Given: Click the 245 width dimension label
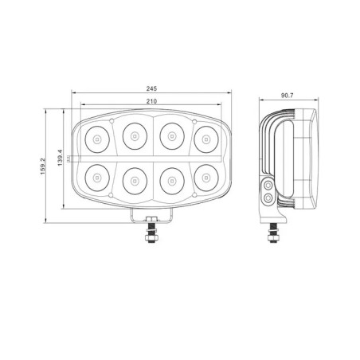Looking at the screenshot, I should click(151, 88).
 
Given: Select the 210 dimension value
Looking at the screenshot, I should click(151, 101).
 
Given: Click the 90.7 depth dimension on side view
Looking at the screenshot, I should click(287, 96).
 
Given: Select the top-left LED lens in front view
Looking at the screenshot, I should click(96, 139).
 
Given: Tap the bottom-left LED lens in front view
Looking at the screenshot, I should click(96, 177).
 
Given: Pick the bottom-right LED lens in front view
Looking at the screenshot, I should click(205, 178).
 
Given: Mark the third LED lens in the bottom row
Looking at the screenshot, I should click(170, 178).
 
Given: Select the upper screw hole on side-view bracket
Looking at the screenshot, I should click(268, 186).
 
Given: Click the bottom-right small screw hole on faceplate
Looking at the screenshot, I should click(195, 194).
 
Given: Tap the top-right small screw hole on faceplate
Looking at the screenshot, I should click(195, 122).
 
